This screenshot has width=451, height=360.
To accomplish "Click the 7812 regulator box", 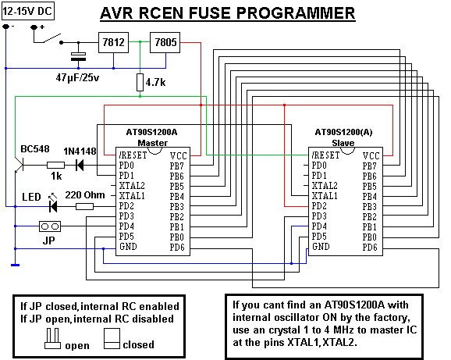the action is (x=113, y=43).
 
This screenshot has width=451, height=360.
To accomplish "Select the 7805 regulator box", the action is (x=165, y=43).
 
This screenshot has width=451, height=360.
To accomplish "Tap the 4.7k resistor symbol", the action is (x=140, y=82).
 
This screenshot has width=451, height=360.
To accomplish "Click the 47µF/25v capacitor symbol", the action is (x=78, y=56).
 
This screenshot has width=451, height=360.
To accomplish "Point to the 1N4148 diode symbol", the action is (x=80, y=166).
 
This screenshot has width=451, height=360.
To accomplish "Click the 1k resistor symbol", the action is (x=56, y=166).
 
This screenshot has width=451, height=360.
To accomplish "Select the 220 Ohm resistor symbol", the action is (x=84, y=206).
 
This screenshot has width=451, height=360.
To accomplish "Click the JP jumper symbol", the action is (x=50, y=226).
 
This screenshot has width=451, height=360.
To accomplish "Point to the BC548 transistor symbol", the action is (x=20, y=166).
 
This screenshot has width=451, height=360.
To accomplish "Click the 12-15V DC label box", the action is (x=28, y=12).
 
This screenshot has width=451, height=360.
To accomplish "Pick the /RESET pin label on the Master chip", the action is (x=133, y=155).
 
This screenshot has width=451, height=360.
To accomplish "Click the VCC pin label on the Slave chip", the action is (x=371, y=156).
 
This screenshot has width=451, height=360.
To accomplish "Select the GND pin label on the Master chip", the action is (x=128, y=247).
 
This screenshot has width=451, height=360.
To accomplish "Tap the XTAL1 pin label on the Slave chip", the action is (x=325, y=196).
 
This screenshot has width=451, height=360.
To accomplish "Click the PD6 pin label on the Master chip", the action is (x=177, y=248).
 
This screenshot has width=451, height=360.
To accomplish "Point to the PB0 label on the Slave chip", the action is (x=370, y=237).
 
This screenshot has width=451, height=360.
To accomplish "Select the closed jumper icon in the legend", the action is (x=112, y=339).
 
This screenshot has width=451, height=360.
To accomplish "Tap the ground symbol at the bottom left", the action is (x=16, y=265).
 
